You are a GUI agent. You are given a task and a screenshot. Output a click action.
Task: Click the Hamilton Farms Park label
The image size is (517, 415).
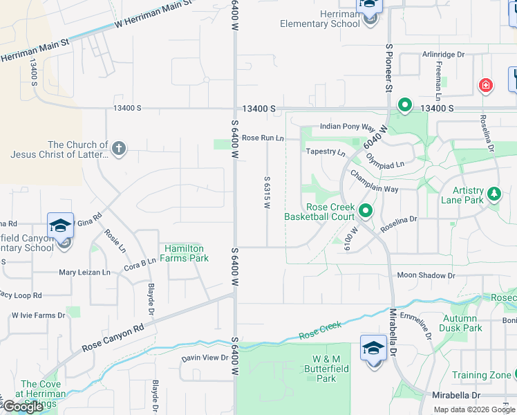coord(186,253)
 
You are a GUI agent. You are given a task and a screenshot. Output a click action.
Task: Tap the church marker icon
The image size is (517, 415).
coord(119,149)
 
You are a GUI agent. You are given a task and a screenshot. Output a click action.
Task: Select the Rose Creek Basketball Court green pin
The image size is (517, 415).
coord(366,211)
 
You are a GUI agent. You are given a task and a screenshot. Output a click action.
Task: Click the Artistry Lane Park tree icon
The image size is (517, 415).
coord(494,194)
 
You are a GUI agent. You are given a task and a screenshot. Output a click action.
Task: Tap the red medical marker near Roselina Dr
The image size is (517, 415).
coord(486,86)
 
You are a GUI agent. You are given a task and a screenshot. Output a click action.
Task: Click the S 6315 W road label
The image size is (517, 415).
coord(266,192)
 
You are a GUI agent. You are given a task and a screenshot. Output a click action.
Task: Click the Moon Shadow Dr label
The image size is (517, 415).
coord(426,275)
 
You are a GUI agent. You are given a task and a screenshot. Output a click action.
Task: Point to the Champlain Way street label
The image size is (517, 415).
coord(373,181)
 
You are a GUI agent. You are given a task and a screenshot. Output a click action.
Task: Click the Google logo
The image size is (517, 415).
coord(23,407)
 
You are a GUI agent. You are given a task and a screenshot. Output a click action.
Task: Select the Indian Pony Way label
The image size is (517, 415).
coord(347,127)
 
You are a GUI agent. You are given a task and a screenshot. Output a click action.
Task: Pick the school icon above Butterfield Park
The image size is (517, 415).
coord(373,347)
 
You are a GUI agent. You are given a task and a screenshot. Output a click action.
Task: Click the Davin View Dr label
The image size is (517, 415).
coord(205,358)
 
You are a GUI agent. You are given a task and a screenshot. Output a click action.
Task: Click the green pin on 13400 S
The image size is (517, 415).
coord(404,107)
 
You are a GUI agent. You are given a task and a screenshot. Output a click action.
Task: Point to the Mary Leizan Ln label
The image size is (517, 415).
coord(84,273)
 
